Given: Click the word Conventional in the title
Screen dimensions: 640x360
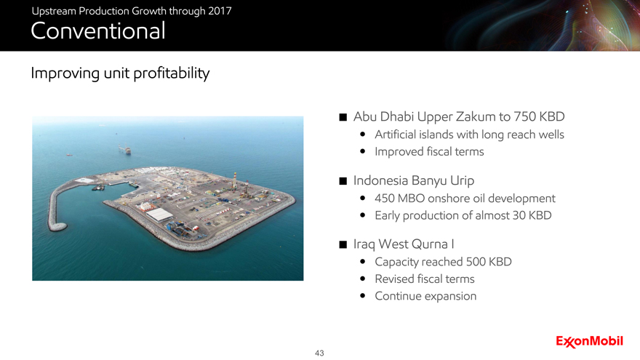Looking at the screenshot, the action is [98, 31].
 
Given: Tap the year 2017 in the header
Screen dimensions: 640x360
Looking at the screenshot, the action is [220, 11].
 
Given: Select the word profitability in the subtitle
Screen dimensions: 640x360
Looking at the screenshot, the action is [172, 73].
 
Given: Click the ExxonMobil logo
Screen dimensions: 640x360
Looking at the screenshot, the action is [589, 341].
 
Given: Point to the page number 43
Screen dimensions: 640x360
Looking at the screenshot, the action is [319, 353].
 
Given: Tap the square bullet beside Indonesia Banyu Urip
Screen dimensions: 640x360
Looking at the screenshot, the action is [343, 181].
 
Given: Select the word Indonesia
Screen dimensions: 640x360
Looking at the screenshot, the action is [381, 180].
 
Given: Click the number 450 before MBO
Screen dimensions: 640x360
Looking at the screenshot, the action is [385, 199].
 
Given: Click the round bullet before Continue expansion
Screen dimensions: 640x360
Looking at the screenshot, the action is [362, 296].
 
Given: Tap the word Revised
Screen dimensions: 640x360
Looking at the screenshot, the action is [393, 279].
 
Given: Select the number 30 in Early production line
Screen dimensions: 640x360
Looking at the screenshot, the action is [519, 215].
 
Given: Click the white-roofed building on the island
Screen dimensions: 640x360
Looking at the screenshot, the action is [159, 215].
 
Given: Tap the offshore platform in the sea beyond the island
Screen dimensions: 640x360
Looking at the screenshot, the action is [125, 149].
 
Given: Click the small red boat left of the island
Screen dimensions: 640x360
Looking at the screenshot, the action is [69, 155].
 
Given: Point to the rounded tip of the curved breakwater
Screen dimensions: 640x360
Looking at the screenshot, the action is [58, 226].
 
